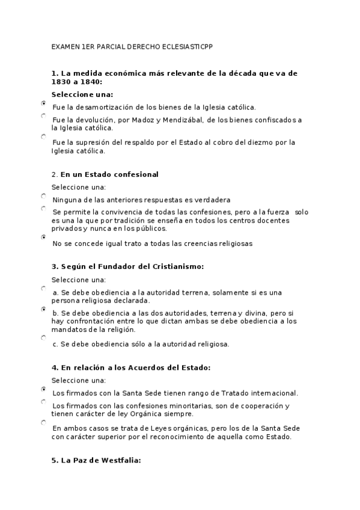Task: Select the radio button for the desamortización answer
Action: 43,103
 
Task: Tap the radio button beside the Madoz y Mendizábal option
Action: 43,115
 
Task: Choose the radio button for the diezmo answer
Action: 43,137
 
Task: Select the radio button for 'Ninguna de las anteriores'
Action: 43,195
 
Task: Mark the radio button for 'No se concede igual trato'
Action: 43,238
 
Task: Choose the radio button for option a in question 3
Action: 43,288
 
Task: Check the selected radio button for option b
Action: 43,309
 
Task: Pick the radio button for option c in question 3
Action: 43,338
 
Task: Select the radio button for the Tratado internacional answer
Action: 43,389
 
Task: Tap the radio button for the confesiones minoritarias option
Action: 43,401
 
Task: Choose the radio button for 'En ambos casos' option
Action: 43,423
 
